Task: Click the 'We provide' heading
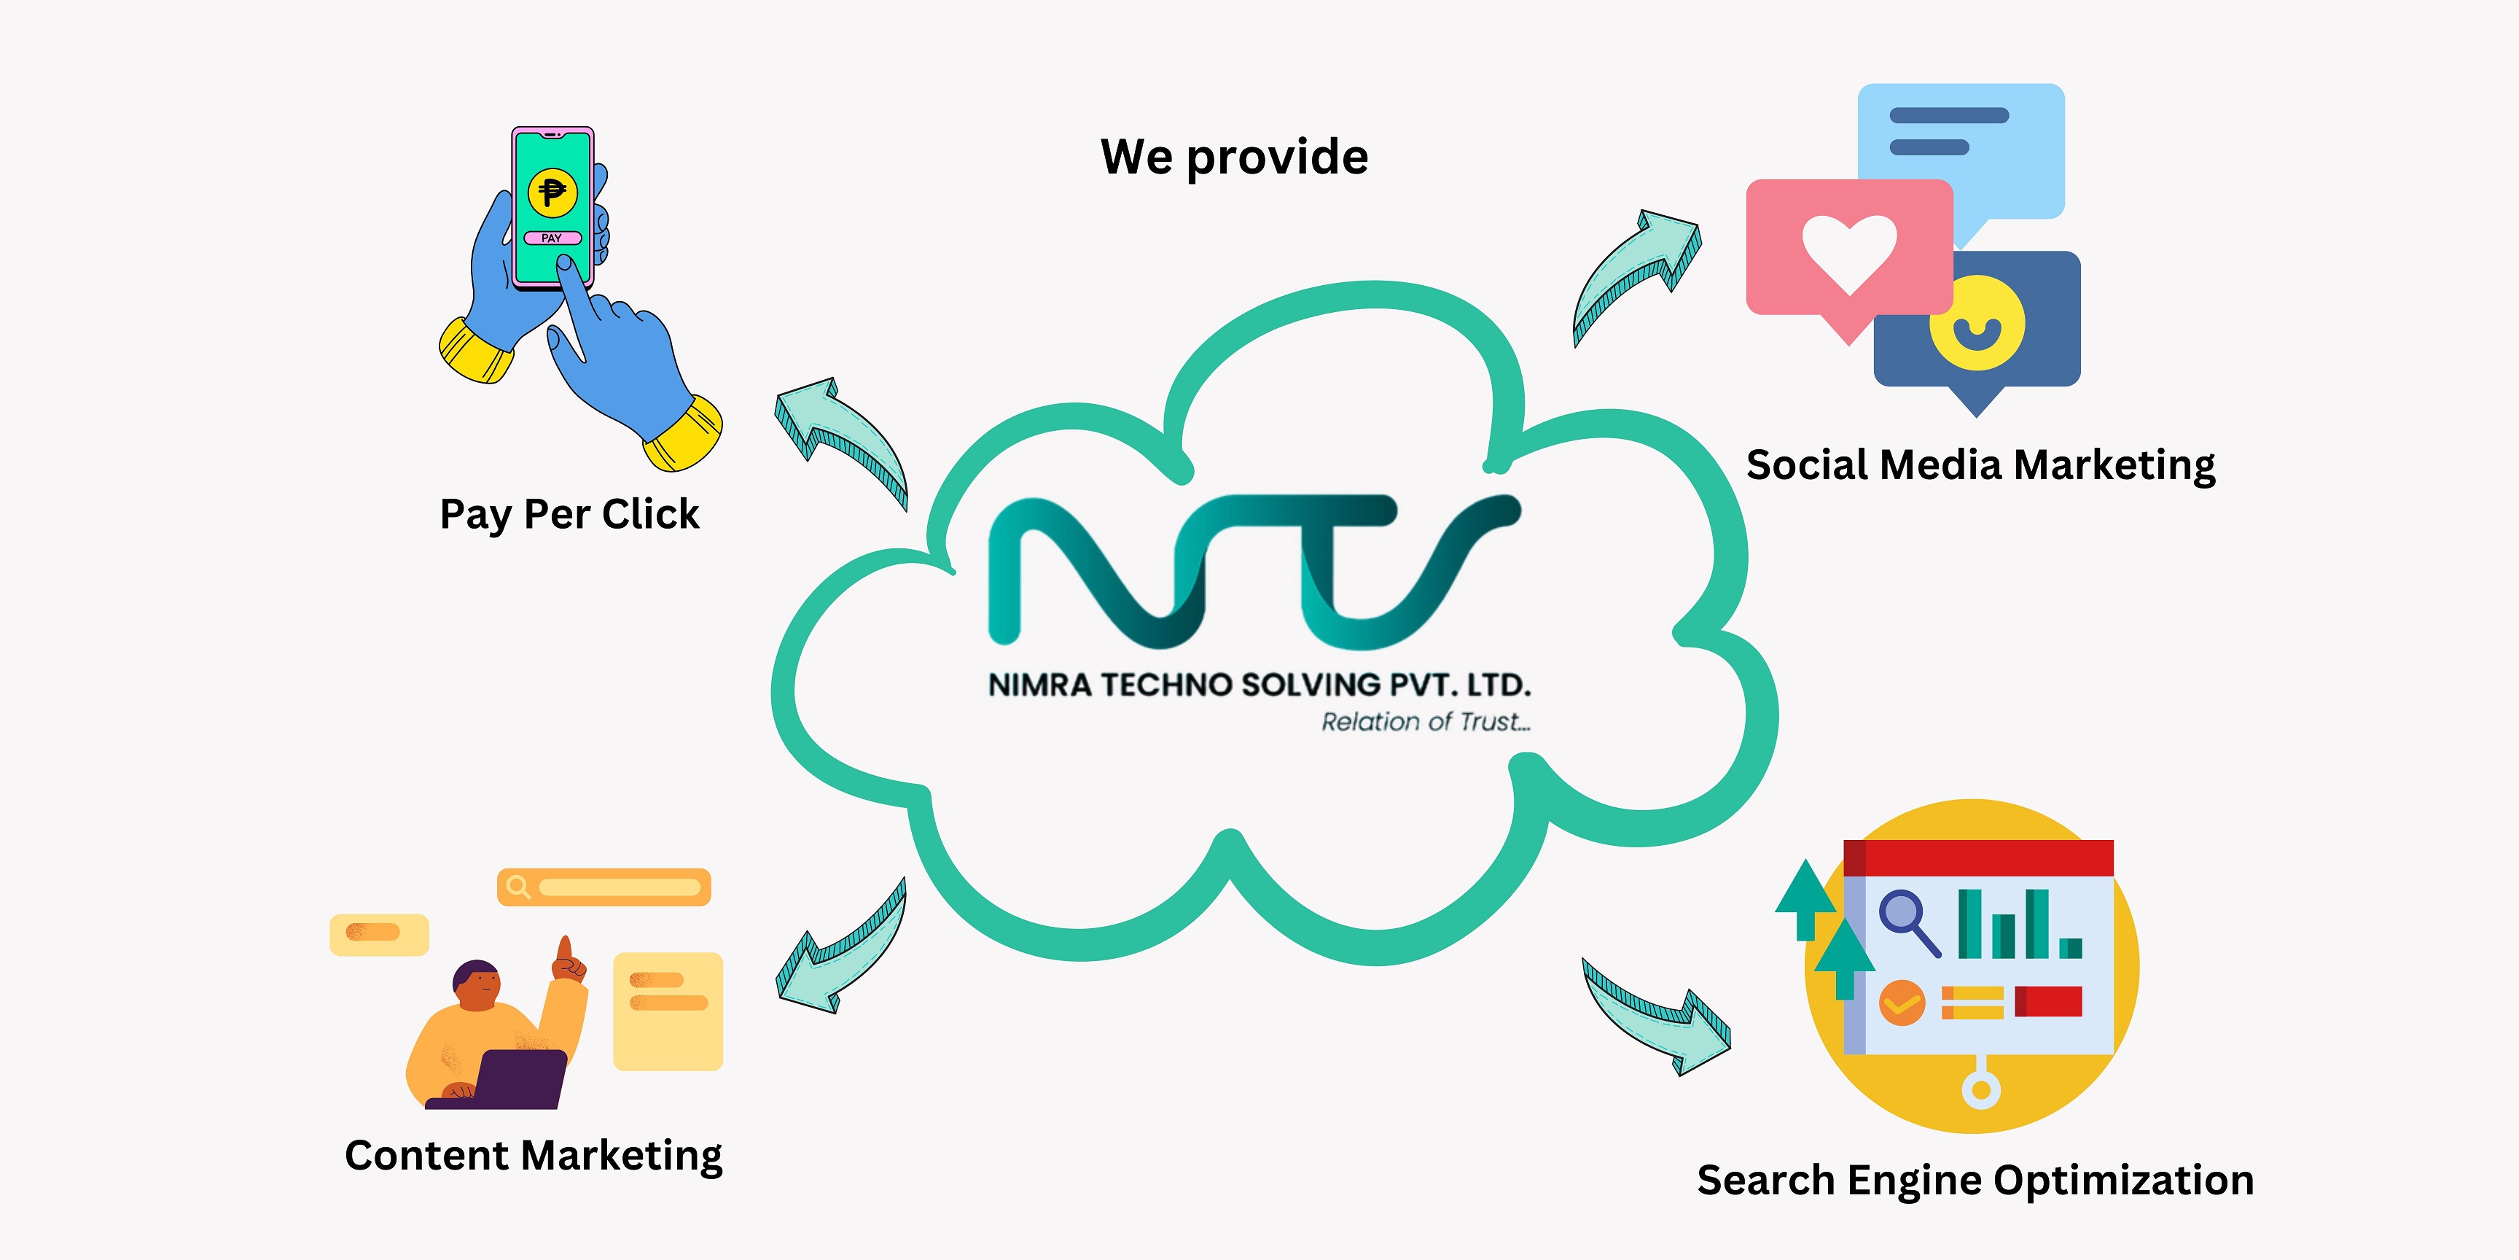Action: click(x=1234, y=157)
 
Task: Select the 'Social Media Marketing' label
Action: click(x=1980, y=464)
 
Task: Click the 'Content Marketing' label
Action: click(x=533, y=1155)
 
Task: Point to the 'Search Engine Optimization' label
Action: click(x=1975, y=1180)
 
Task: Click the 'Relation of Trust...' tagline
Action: click(x=1425, y=722)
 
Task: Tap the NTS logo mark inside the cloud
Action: click(x=1254, y=572)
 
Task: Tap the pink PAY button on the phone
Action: click(x=552, y=238)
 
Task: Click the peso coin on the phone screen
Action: click(x=552, y=192)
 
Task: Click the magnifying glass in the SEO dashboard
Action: click(x=1907, y=919)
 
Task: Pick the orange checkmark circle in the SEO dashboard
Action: click(x=1902, y=1003)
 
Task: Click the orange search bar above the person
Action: click(x=604, y=887)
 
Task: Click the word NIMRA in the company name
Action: click(x=1039, y=685)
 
